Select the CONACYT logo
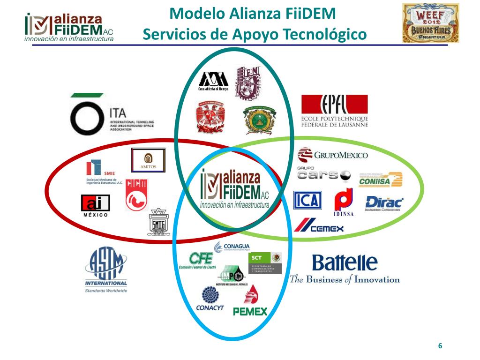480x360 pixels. coord(210,300)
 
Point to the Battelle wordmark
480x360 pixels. coord(345,263)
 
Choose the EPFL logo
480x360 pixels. coord(335,111)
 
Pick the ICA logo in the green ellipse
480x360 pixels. coord(307,200)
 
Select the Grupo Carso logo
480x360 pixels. coord(323,174)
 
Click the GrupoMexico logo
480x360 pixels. coord(333,155)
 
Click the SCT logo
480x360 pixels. coord(265,263)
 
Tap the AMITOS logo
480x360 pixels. coord(148,160)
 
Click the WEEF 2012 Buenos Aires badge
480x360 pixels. coord(430,23)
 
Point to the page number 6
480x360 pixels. coord(440,346)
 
